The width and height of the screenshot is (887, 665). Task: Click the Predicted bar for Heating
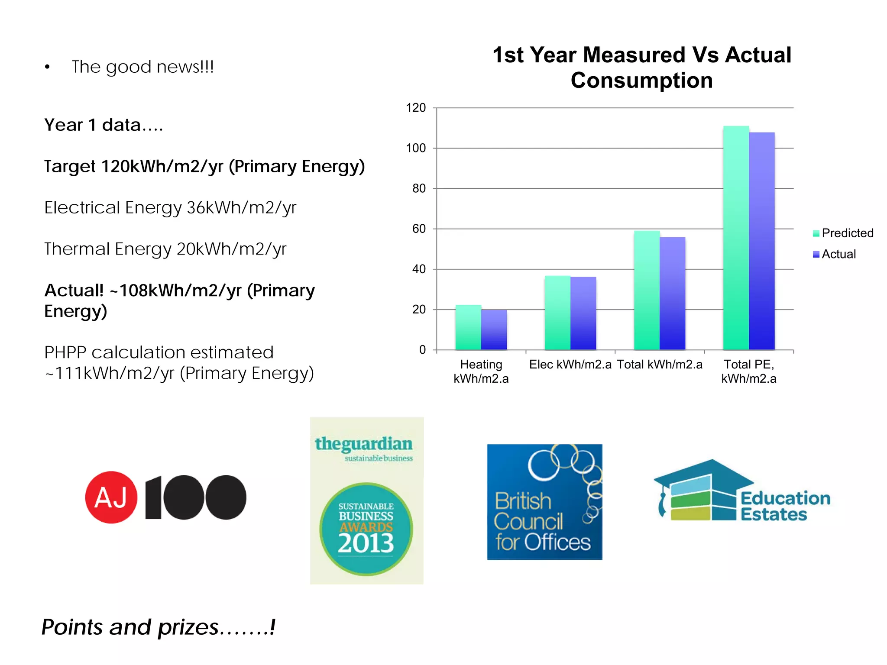point(468,328)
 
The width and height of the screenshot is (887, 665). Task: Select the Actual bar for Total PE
point(761,241)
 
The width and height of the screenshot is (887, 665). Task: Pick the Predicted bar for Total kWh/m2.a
point(647,291)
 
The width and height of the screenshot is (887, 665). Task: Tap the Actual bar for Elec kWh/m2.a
point(583,313)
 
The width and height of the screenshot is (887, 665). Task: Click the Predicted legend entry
point(843,233)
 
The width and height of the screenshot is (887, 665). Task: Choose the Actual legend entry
point(835,254)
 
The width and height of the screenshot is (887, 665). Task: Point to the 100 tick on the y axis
point(416,148)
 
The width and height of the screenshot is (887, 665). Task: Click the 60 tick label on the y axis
point(419,229)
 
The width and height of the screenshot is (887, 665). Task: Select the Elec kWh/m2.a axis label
point(570,365)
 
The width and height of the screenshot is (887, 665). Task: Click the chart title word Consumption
point(641,81)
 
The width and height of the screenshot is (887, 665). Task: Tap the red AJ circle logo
point(111,497)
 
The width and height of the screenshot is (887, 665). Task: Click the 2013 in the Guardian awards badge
point(366,543)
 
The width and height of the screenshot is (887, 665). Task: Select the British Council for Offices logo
point(544,502)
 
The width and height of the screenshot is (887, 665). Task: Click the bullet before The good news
point(47,67)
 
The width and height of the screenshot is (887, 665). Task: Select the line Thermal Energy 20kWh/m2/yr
point(165,249)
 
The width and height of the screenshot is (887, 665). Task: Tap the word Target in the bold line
point(70,167)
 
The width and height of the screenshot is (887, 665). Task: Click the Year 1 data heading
point(104,125)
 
